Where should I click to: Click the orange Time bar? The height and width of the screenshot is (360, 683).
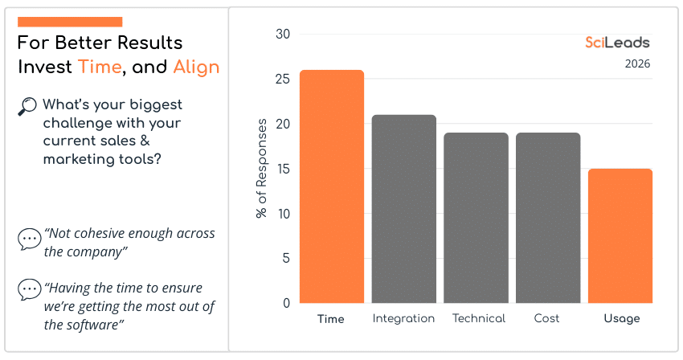pos(331,186)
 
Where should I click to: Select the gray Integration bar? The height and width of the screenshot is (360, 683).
pos(403,209)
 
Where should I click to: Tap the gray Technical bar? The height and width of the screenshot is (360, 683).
pos(476,218)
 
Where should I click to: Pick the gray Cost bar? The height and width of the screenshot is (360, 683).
pos(548,218)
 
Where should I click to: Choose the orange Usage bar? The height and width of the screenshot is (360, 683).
pos(620,235)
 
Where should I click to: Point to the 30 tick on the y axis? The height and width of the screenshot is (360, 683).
pos(282,35)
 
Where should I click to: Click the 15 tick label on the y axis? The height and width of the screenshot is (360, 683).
pos(282,170)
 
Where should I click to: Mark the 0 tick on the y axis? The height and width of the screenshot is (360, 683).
pos(286,304)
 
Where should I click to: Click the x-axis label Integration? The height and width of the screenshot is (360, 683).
pos(403,319)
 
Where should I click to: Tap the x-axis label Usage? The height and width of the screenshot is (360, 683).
pos(621,319)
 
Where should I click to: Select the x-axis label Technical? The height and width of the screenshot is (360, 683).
pos(479,319)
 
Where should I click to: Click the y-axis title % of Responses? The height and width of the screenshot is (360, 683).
pos(262,169)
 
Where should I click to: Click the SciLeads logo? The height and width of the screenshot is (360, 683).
pos(617,43)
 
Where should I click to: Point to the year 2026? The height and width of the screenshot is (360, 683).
pos(637,64)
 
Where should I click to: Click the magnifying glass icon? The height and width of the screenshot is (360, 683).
pos(27,106)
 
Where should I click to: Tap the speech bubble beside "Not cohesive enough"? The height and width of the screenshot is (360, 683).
pos(29,239)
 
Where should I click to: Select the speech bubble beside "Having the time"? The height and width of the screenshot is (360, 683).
pos(29,289)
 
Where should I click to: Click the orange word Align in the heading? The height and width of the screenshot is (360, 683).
pos(196,67)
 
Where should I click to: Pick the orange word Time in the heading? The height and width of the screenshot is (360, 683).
pos(100,67)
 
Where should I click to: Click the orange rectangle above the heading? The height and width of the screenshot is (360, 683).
pos(70,22)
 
